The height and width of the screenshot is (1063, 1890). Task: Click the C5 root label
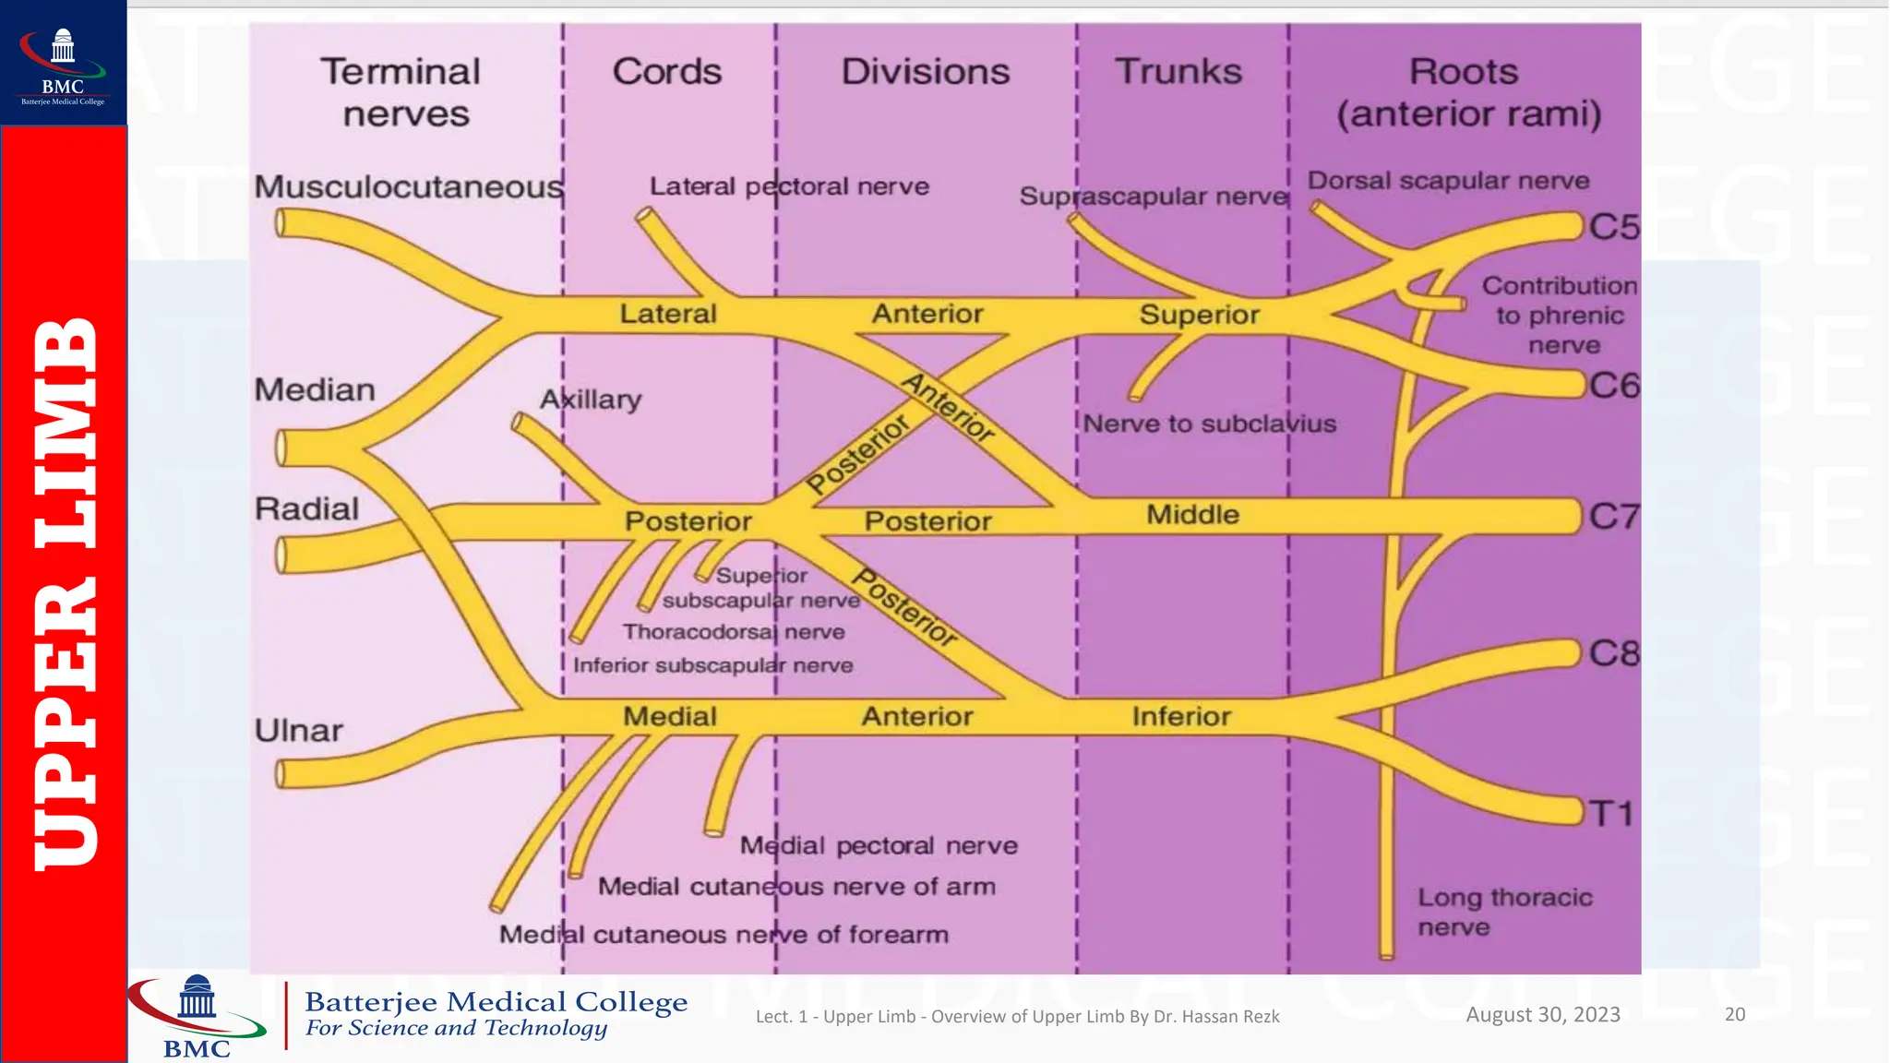tap(1613, 227)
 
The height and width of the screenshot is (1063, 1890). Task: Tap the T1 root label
tap(1610, 814)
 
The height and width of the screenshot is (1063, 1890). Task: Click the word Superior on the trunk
tap(1199, 316)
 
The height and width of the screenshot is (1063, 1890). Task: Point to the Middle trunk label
tap(1192, 515)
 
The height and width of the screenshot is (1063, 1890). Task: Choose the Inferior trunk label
tap(1181, 717)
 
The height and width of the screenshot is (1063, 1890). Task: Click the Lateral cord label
tap(668, 314)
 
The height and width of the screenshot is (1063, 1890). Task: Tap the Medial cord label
tap(670, 717)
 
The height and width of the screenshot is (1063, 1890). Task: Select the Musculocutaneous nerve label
tap(409, 187)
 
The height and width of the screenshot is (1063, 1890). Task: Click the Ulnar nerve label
tap(299, 731)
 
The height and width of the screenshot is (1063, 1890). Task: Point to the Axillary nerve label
tap(591, 400)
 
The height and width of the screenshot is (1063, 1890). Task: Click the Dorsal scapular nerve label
tap(1448, 181)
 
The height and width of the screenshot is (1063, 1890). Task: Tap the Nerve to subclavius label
tap(1209, 424)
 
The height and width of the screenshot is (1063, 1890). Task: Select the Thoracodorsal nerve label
tap(734, 632)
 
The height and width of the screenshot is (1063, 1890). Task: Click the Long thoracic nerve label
tap(1504, 912)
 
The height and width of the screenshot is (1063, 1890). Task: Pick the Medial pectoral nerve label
tap(879, 845)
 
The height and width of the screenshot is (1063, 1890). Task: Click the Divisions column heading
tap(926, 72)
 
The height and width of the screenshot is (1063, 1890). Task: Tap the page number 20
tap(1735, 1014)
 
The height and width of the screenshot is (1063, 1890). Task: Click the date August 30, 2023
tap(1543, 1014)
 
